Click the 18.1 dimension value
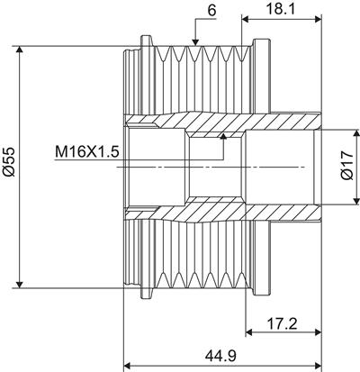(281, 9)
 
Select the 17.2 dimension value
(282, 323)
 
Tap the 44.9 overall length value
(220, 356)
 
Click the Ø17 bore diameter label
(347, 166)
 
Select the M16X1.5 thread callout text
(87, 152)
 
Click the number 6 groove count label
(211, 11)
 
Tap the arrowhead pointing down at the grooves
(195, 42)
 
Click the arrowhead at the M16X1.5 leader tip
(223, 136)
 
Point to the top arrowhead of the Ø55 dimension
(20, 50)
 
